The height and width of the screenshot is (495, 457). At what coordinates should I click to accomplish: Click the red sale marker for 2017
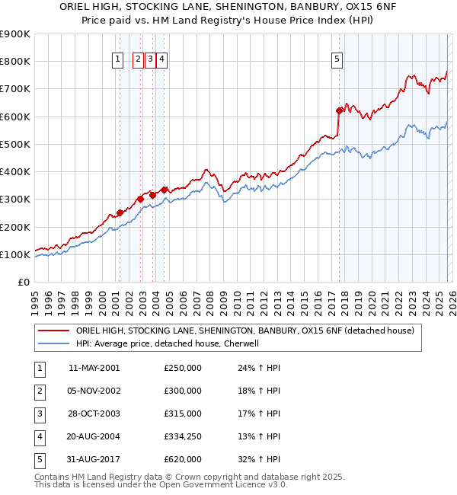(339, 110)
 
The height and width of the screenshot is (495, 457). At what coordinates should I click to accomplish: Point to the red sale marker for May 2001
(120, 213)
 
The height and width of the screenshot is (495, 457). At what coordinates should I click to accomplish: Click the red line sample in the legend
(53, 331)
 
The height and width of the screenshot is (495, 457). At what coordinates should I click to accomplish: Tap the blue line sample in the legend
(53, 343)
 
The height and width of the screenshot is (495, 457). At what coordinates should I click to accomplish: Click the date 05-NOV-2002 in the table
(94, 390)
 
